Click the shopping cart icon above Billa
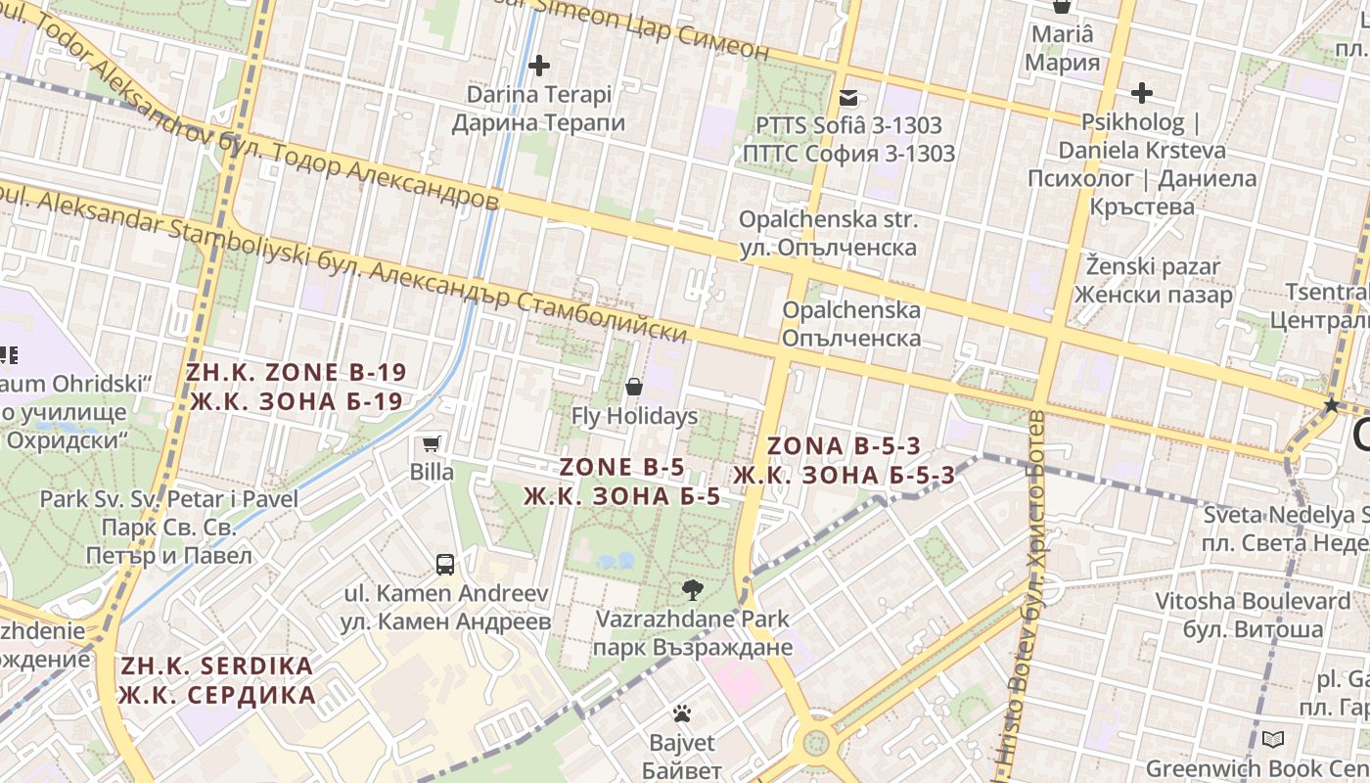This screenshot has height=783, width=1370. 431,443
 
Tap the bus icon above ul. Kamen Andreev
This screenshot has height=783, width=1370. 444,564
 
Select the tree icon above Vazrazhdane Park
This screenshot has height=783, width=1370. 693,589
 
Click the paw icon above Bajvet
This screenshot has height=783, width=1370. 682,714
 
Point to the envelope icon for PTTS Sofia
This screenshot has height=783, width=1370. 848,97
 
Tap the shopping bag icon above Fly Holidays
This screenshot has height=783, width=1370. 634,387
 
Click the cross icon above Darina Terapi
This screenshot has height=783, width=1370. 538,66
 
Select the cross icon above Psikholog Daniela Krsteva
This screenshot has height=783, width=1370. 1141,93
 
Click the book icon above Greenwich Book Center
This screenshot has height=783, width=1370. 1272,739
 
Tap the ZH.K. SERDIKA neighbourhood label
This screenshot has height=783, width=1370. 216,680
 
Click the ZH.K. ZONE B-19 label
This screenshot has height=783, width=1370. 296,387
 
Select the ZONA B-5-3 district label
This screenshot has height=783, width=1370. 844,460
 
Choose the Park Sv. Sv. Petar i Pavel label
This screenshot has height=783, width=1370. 168,527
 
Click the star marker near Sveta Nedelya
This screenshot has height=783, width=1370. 1331,405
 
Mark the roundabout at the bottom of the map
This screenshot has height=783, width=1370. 815,743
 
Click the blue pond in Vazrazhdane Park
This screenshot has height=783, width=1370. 615,561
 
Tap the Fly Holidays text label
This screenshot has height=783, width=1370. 634,416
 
